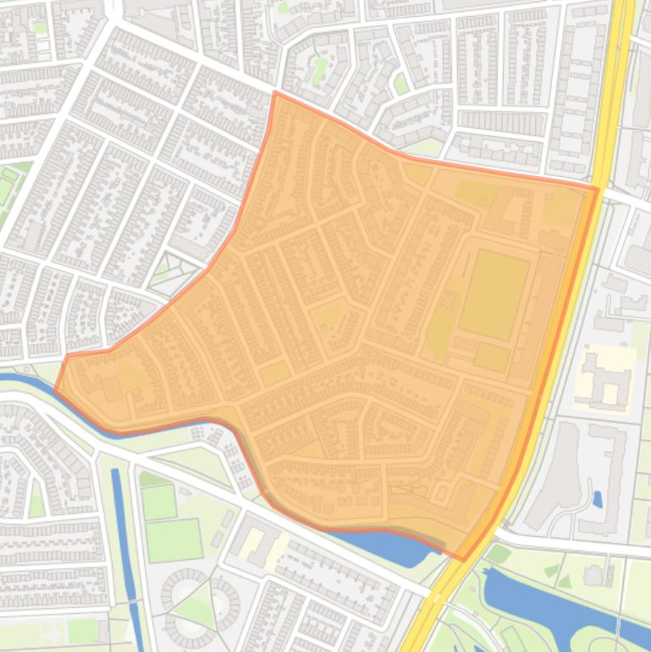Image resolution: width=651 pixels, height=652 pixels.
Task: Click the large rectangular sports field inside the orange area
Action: (494, 294)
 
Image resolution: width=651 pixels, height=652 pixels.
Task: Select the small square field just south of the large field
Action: (491, 356)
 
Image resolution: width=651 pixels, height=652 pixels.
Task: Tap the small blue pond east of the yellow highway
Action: (598, 500)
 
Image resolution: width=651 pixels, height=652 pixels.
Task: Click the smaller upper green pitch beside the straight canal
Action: (158, 502)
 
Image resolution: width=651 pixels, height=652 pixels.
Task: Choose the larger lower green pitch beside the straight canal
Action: (174, 540)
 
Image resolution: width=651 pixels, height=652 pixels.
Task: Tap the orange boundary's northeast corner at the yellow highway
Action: (598, 189)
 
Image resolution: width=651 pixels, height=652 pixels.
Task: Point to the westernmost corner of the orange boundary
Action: (56, 390)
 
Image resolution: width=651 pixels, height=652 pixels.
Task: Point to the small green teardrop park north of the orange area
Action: (401, 83)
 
